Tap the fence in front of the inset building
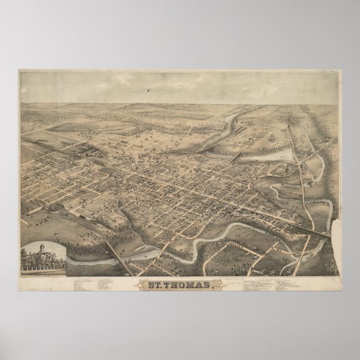click(43, 269)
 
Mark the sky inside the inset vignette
click(56, 247)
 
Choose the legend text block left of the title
click(102, 281)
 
